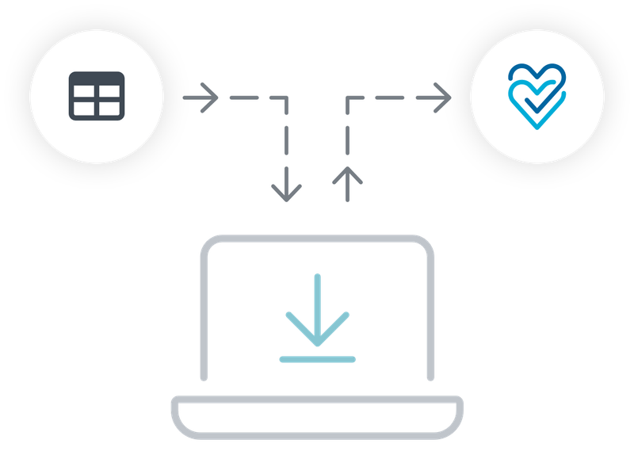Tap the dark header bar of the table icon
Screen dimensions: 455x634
(96, 78)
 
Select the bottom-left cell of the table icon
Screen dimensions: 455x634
(84, 108)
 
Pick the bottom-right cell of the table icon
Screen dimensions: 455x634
(109, 108)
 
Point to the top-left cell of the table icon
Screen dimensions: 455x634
(84, 92)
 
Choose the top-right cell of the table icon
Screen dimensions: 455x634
(109, 92)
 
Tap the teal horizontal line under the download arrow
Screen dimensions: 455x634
(317, 359)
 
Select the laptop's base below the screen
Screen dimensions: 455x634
(317, 416)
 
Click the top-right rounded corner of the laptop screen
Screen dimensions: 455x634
(426, 244)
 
